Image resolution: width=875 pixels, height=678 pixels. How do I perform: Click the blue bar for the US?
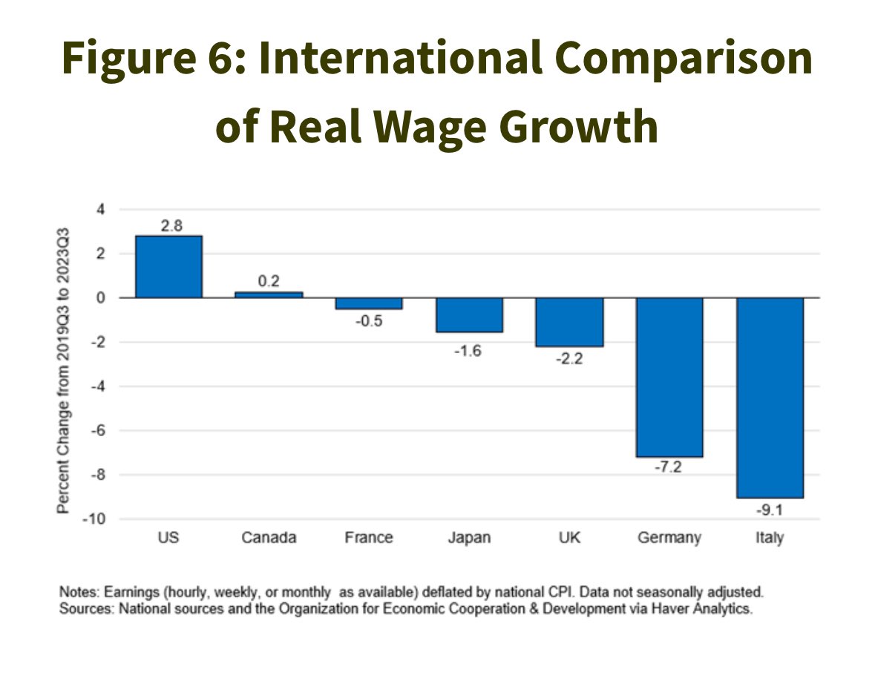(168, 266)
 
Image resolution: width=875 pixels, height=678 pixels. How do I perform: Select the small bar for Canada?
(269, 294)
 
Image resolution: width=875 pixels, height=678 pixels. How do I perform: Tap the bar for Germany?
(669, 378)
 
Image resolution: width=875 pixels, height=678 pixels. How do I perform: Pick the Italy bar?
(770, 398)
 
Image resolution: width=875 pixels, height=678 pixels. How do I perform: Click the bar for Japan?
(469, 315)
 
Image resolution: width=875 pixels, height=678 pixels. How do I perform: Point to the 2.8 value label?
(171, 226)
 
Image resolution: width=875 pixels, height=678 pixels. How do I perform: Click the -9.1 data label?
(770, 510)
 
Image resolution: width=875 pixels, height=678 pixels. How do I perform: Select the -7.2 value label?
(669, 467)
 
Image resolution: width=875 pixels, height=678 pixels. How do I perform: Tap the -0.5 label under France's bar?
(369, 321)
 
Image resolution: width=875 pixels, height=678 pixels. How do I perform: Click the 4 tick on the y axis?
(100, 210)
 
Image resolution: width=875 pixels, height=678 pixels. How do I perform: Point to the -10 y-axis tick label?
(94, 519)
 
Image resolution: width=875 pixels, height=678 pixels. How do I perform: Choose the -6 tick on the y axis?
(98, 430)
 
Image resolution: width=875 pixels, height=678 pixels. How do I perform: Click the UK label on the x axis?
(569, 538)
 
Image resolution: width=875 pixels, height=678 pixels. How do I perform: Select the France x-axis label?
(369, 538)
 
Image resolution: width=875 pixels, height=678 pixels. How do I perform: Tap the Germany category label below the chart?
(669, 538)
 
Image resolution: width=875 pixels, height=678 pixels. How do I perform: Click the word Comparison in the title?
(684, 59)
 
